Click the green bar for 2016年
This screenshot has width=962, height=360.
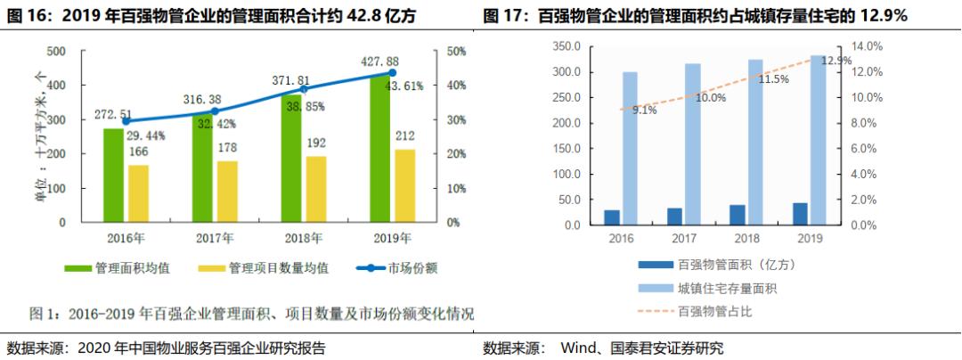pyautogui.click(x=113, y=176)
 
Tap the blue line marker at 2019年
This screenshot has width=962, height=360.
pyautogui.click(x=392, y=73)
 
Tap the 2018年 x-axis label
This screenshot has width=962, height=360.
pyautogui.click(x=304, y=238)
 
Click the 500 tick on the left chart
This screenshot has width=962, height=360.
pyautogui.click(x=56, y=52)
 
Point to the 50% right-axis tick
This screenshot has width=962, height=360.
pyautogui.click(x=457, y=52)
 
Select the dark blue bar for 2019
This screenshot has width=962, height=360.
pyautogui.click(x=800, y=214)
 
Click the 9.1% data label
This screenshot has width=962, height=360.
pyautogui.click(x=645, y=110)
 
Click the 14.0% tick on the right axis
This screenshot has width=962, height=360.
pyautogui.click(x=867, y=46)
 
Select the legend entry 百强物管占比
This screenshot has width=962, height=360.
pyautogui.click(x=716, y=311)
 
